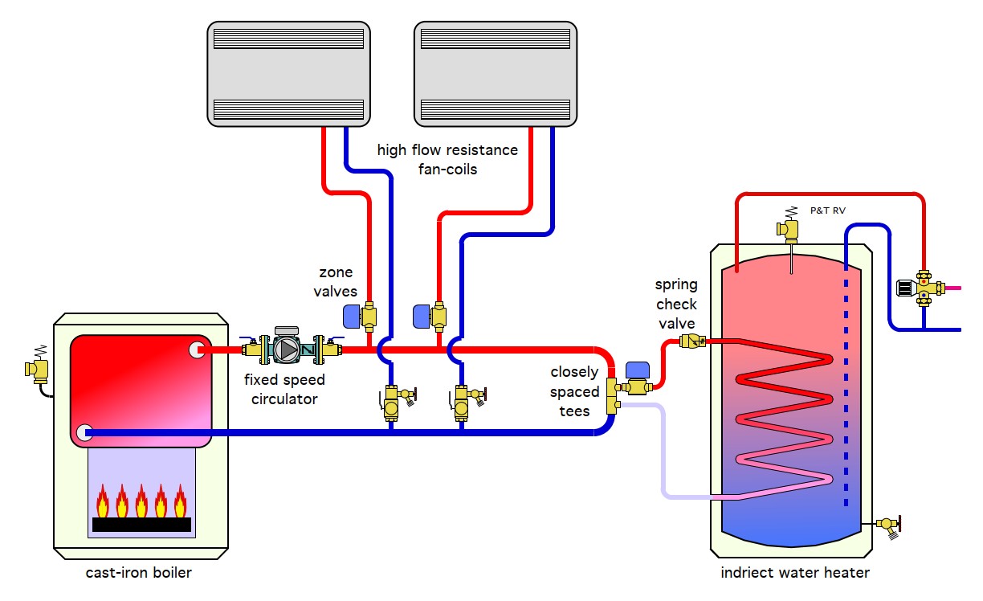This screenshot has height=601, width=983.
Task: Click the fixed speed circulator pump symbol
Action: click(288, 348)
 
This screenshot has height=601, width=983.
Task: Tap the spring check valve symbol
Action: click(691, 341)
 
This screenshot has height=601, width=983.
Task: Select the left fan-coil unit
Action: click(288, 73)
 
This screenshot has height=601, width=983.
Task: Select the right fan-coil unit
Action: click(496, 73)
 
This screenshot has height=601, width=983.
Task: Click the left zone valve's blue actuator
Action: click(352, 317)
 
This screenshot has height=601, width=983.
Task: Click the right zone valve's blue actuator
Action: click(422, 316)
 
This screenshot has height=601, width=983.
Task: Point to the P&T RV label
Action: click(828, 211)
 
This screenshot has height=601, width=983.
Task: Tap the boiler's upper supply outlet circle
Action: click(196, 350)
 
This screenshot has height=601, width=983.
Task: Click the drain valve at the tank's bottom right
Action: click(889, 525)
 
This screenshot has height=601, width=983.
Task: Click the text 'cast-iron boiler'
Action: click(139, 573)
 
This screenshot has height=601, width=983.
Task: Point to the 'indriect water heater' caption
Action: click(794, 573)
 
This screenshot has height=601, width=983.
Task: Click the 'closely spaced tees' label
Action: click(574, 391)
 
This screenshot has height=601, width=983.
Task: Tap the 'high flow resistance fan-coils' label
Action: click(447, 159)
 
